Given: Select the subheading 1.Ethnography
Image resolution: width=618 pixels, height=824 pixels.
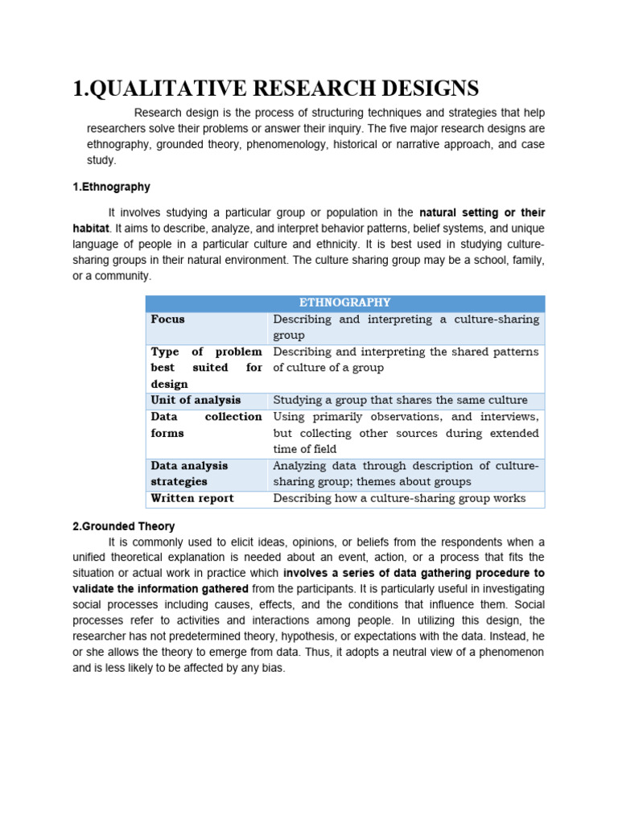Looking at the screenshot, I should click(x=111, y=187).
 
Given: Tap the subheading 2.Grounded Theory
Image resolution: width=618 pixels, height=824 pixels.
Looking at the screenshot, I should click(x=123, y=526).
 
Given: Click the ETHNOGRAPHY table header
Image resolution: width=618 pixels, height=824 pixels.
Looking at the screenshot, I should click(x=344, y=303).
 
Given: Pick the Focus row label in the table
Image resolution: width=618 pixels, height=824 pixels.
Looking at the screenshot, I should click(x=167, y=319).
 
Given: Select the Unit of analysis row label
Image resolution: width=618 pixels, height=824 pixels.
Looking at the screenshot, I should click(x=196, y=400).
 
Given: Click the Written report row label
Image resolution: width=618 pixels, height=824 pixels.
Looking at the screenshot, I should click(x=192, y=498).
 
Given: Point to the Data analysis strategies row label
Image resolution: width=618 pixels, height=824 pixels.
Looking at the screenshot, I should click(x=189, y=473).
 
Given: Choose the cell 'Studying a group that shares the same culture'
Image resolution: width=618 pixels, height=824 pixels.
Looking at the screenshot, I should click(x=400, y=400).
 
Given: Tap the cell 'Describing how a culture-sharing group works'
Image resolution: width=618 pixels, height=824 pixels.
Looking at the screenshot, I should click(x=399, y=498).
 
